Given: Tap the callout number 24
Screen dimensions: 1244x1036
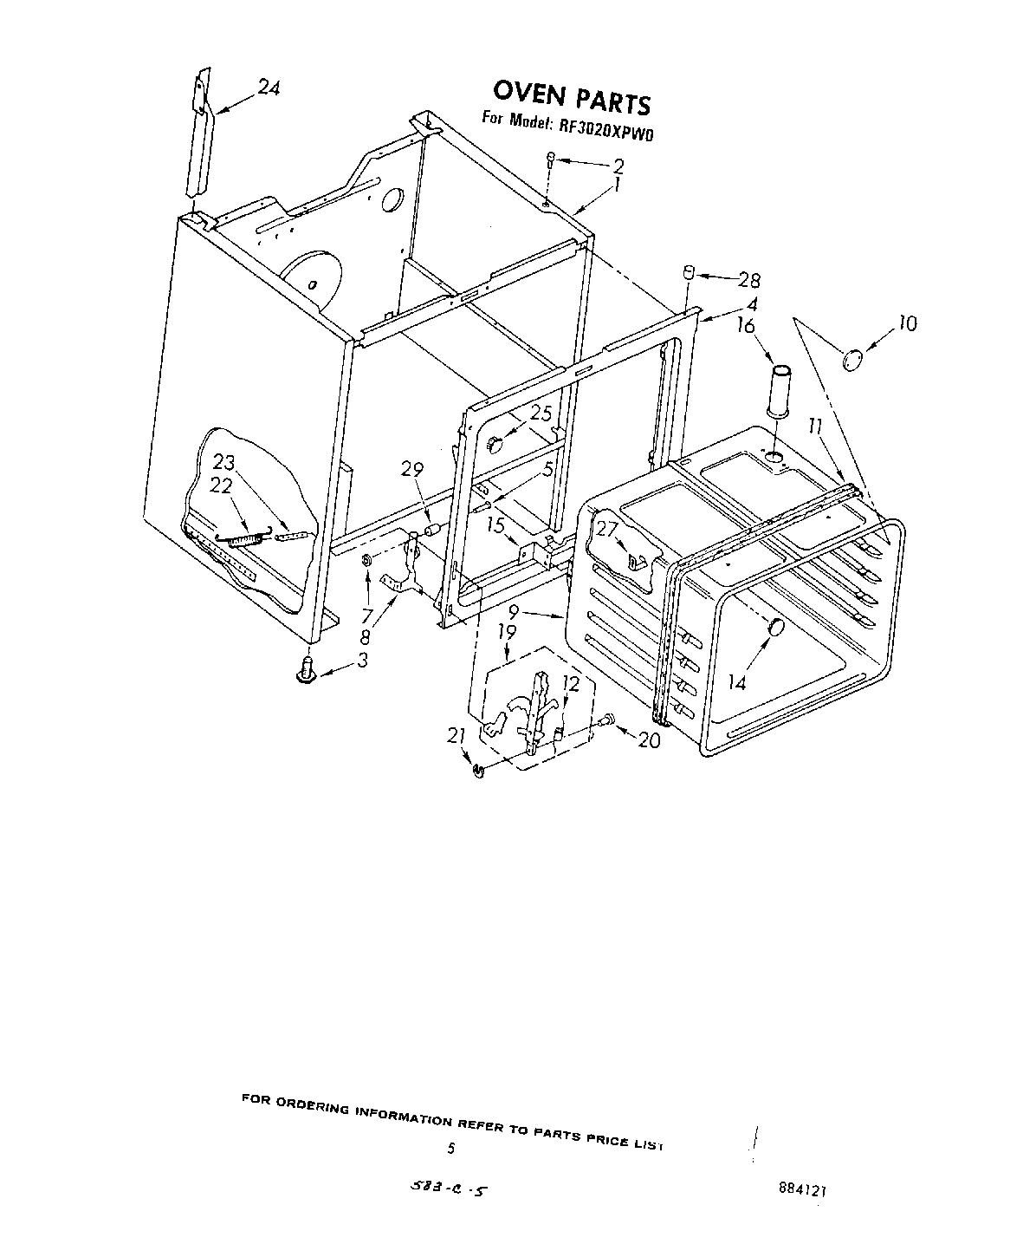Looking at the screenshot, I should (269, 88).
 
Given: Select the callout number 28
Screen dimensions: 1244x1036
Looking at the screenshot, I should (748, 280).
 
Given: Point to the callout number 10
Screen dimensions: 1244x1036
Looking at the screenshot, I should (906, 324).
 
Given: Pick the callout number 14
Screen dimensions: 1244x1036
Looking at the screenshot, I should (736, 682).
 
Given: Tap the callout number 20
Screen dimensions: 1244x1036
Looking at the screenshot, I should (648, 740).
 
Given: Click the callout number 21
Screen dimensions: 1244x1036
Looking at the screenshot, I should (456, 735).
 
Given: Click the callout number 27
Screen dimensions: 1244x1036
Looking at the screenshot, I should (607, 527).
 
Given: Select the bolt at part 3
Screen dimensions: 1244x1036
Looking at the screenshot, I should (305, 670).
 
